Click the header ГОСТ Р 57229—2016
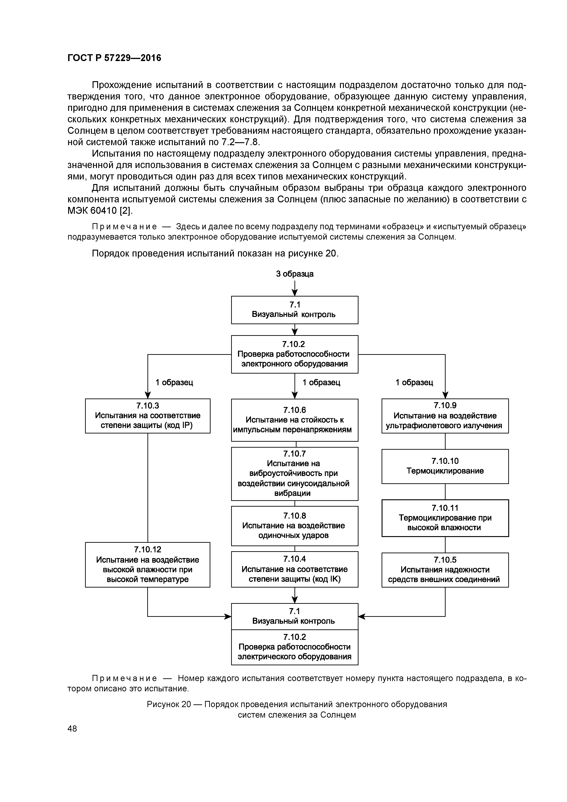(114, 58)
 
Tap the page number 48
(72, 728)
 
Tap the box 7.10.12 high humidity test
(147, 564)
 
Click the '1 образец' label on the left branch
(174, 382)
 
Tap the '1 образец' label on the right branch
(414, 382)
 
